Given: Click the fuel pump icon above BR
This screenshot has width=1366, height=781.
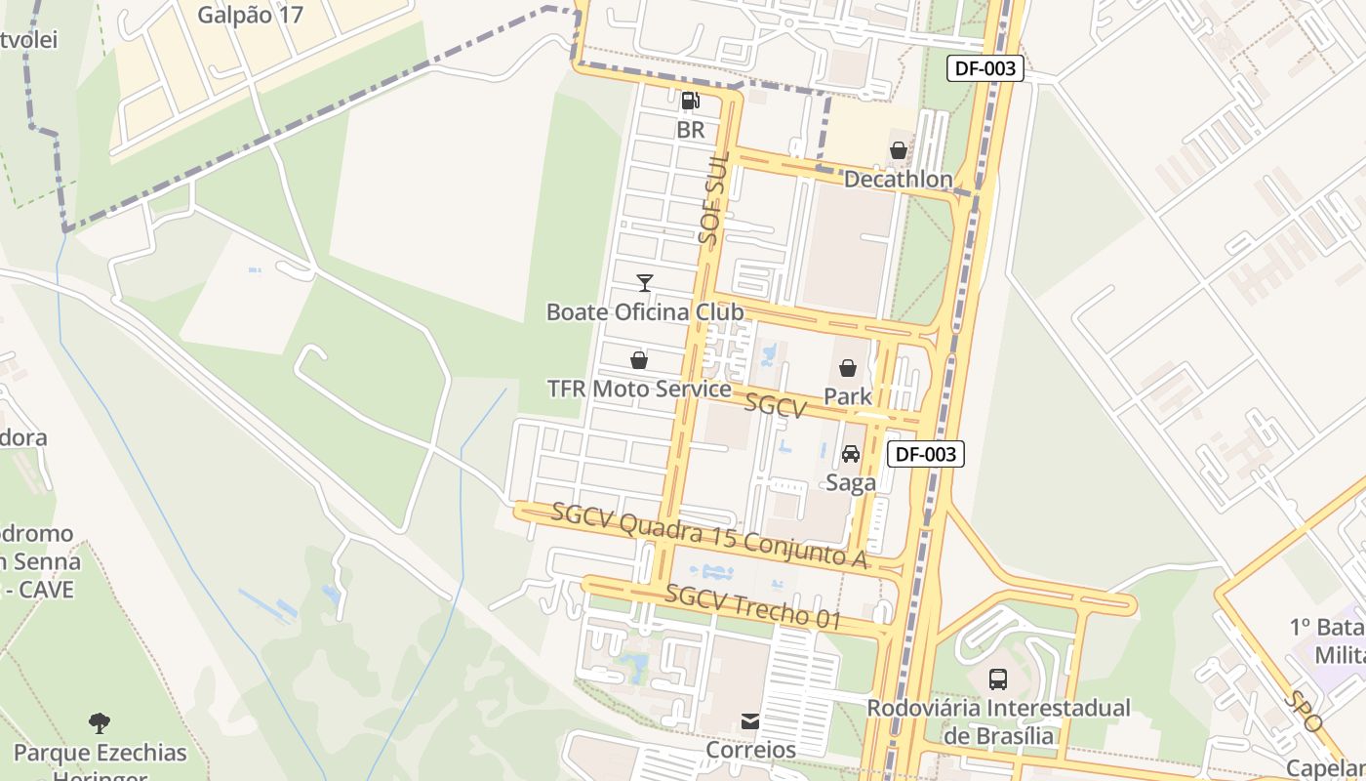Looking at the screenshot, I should [690, 100].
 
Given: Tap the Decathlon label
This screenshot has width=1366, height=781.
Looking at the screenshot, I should [898, 180].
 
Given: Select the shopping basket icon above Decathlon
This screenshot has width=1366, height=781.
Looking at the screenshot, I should [898, 150].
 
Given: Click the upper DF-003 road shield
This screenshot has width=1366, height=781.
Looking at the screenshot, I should [985, 68].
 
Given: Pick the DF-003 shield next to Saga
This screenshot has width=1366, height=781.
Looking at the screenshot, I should [926, 453].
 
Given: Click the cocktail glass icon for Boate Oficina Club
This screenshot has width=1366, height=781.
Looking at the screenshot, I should [644, 283].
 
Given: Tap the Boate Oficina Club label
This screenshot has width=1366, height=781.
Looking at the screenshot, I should [644, 312].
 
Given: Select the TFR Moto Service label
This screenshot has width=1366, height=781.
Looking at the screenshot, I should [639, 389].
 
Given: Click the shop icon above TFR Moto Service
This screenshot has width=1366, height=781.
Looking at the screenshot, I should [639, 360].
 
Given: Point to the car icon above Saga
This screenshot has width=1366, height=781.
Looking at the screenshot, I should [850, 454].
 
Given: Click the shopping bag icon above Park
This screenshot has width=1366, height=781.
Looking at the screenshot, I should [848, 368].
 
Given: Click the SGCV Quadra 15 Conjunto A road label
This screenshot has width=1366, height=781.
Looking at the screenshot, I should [709, 534].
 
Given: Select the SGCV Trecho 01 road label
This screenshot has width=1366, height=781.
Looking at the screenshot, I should [752, 606].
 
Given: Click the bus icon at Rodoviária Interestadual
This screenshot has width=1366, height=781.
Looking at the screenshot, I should [997, 678].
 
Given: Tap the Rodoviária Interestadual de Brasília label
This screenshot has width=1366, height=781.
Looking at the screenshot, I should [998, 721].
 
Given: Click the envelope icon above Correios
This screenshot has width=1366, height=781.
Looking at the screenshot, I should [750, 721].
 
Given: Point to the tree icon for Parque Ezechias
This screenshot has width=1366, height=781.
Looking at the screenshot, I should [100, 723].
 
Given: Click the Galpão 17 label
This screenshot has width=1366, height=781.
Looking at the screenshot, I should [250, 15].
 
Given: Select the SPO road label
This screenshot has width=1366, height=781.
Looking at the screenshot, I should [1303, 712].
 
